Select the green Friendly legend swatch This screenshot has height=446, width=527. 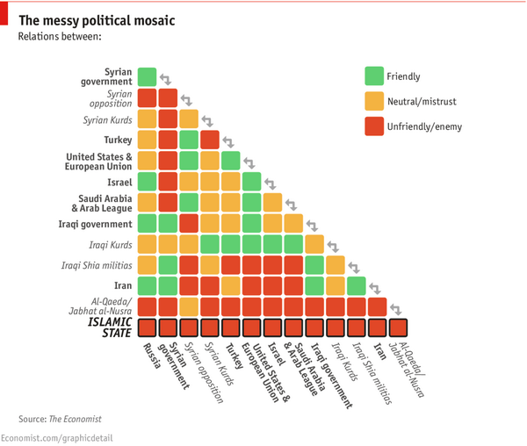pyautogui.click(x=374, y=76)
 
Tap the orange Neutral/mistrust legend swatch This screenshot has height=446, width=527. pyautogui.click(x=374, y=102)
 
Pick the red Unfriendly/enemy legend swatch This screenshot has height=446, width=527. pyautogui.click(x=374, y=126)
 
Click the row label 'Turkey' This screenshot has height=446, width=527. pyautogui.click(x=117, y=140)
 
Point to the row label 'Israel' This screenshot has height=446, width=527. pyautogui.click(x=119, y=182)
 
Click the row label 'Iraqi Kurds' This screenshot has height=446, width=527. pyautogui.click(x=110, y=244)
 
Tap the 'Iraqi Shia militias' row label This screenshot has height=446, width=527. pyautogui.click(x=97, y=265)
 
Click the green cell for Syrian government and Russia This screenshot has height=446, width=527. pyautogui.click(x=147, y=76)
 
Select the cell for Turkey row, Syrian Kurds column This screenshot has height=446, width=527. pyautogui.click(x=209, y=140)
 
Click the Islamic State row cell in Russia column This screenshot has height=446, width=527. pyautogui.click(x=147, y=327)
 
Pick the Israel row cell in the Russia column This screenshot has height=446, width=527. pyautogui.click(x=147, y=181)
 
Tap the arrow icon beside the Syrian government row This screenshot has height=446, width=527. pyautogui.click(x=166, y=79)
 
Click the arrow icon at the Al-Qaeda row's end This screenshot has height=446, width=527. pyautogui.click(x=396, y=308)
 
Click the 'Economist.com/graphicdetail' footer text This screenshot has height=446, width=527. pyautogui.click(x=56, y=437)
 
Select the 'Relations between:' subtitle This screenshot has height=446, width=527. pyautogui.click(x=59, y=37)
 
